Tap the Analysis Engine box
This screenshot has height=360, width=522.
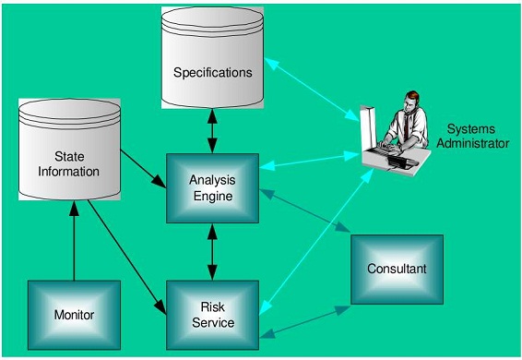[212, 188]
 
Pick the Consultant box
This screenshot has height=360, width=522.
[396, 269]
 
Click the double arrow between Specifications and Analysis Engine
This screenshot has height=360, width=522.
[213, 131]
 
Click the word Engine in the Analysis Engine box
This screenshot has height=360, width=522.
[212, 196]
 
